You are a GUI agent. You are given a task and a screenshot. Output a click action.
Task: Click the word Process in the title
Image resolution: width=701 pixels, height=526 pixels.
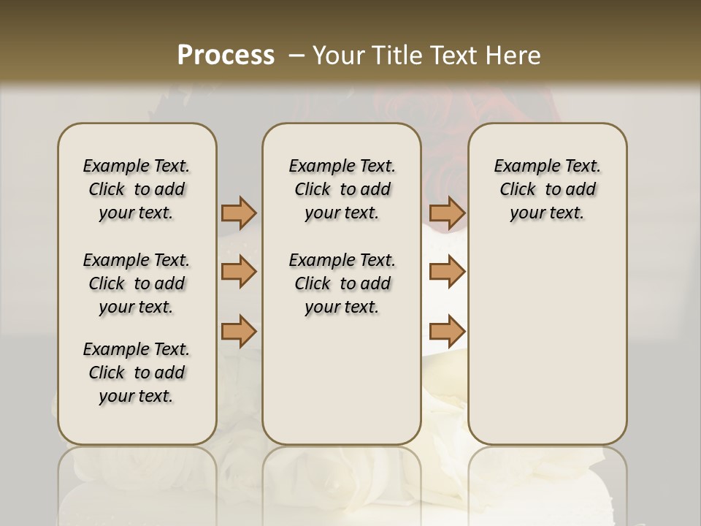pos(226,56)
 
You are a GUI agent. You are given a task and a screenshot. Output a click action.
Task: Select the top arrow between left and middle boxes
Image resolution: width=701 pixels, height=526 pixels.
pos(239,213)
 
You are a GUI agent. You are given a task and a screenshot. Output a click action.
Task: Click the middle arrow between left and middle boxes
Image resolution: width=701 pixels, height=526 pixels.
pos(239,272)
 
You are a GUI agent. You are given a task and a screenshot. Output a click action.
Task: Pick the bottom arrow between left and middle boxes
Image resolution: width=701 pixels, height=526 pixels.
pos(239,331)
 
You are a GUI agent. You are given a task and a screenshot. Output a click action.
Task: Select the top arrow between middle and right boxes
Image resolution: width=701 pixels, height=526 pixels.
pos(447,213)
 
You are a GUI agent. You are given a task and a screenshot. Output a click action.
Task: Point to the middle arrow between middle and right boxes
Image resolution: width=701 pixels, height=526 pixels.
pos(447,272)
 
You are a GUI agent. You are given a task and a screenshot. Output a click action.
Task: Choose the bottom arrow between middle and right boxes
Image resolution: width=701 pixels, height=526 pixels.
pos(447,331)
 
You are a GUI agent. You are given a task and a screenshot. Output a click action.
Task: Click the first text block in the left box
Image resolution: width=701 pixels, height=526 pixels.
pos(137,189)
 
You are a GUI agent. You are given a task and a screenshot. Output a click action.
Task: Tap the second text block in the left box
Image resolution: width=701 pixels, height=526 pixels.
pos(137,283)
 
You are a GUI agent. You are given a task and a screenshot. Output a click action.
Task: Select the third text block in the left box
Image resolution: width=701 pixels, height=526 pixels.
pos(137,373)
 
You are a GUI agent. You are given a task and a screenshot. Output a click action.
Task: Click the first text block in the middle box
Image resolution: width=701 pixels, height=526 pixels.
pos(342,189)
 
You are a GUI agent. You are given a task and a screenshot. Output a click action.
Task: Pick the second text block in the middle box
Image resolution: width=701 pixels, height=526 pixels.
pos(342,283)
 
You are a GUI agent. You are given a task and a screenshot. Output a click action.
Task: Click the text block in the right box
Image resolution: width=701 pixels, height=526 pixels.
pos(547,189)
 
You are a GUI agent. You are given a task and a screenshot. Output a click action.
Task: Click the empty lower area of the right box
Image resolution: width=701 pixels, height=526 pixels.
pos(547,343)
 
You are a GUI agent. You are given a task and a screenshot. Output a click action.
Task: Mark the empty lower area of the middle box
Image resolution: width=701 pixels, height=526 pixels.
pos(342,380)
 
